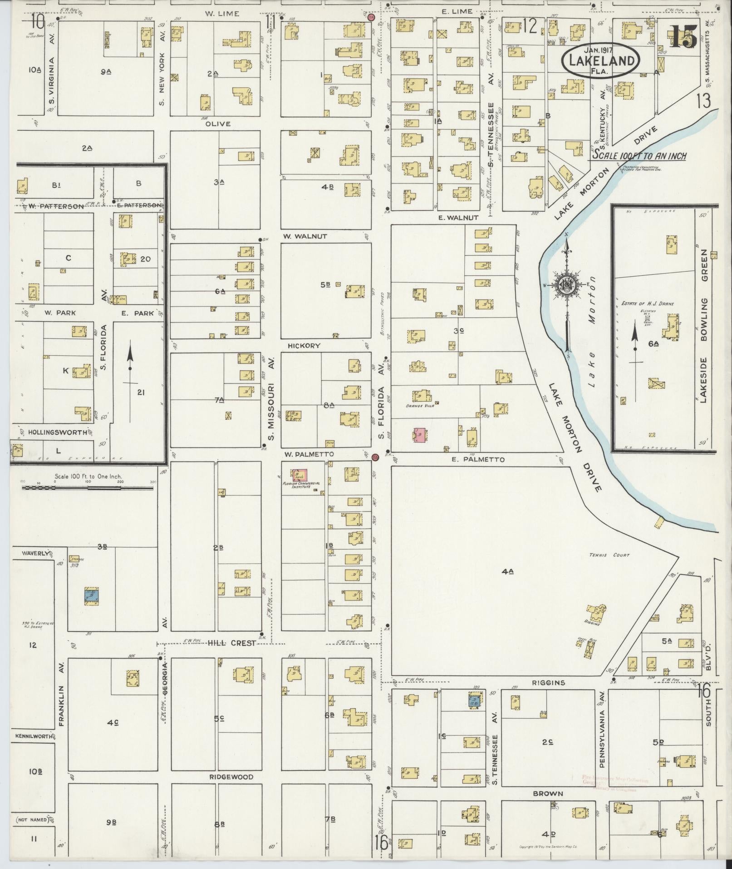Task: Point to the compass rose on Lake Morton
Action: pyautogui.click(x=567, y=285)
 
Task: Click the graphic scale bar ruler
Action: pyautogui.click(x=88, y=488)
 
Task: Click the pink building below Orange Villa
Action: pyautogui.click(x=420, y=435)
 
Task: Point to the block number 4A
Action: pyautogui.click(x=507, y=572)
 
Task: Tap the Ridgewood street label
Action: pyautogui.click(x=231, y=777)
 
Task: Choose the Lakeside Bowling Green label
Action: pyautogui.click(x=703, y=326)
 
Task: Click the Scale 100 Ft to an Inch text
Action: pyautogui.click(x=639, y=156)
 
